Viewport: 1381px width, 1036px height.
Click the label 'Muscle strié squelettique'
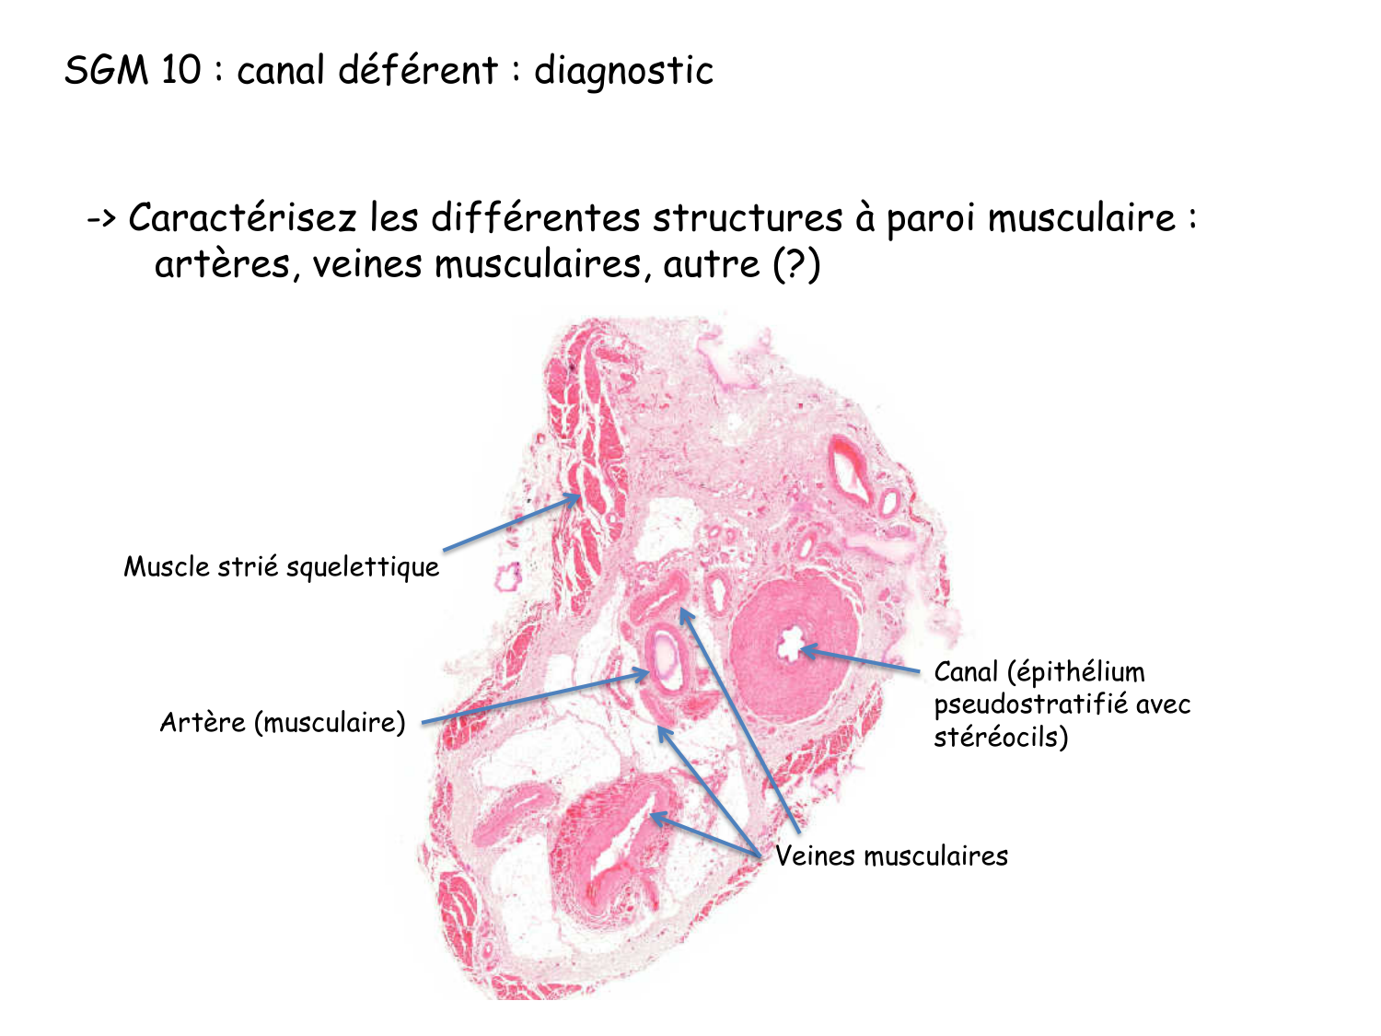[x=282, y=566]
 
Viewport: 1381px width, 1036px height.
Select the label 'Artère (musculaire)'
[x=283, y=722]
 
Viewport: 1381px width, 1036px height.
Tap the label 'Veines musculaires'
[x=891, y=856]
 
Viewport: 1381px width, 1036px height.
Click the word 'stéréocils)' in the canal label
[x=1001, y=737]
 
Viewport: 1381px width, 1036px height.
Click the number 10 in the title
[x=180, y=71]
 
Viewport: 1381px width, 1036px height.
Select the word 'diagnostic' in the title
[x=623, y=71]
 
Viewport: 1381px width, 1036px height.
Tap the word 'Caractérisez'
[x=242, y=218]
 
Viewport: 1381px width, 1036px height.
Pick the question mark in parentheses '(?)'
[x=796, y=265]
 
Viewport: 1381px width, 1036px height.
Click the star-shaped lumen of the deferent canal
[x=790, y=645]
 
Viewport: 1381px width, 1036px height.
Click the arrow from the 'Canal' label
[x=861, y=660]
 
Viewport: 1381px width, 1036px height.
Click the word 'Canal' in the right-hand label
[x=967, y=671]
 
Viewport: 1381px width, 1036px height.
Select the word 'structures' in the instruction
[x=748, y=218]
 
